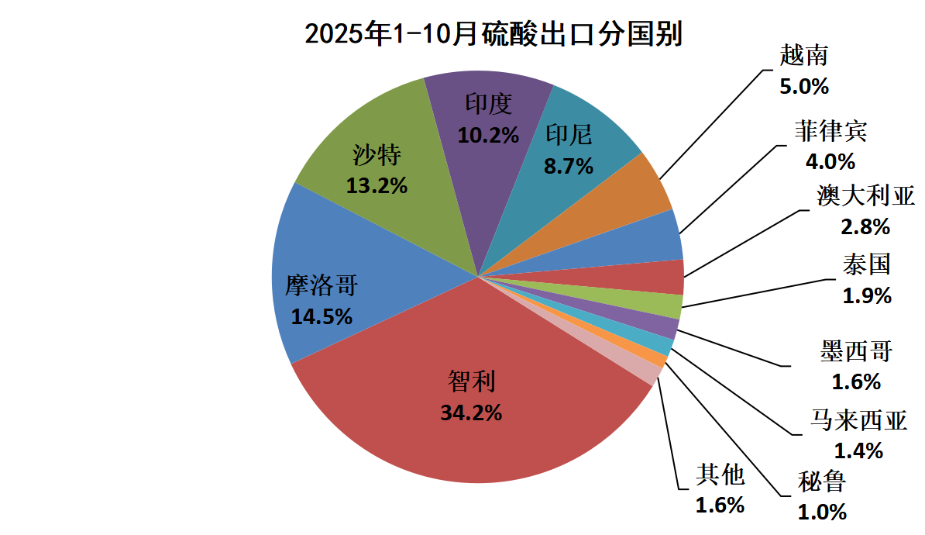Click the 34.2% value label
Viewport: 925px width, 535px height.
471,412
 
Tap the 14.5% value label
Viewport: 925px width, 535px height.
322,316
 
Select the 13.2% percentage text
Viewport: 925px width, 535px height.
377,186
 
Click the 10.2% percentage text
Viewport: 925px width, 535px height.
487,135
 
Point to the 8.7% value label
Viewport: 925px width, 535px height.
569,166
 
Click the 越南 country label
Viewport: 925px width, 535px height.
804,56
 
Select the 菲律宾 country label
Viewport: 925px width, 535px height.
830,131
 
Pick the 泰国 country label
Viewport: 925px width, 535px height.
868,265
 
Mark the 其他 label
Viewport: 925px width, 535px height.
720,475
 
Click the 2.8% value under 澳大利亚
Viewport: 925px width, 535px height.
865,227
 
